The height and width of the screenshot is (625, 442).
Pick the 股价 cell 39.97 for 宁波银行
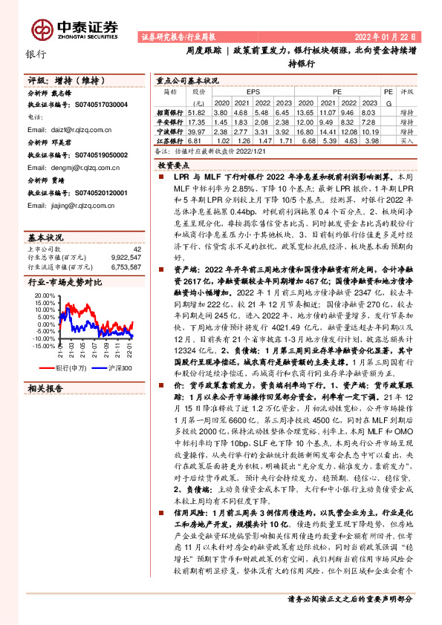click(198, 131)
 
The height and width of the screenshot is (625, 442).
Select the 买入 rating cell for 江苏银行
click(407, 140)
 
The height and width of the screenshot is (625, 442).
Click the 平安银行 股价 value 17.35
click(198, 121)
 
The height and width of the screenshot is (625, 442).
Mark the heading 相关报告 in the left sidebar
click(46, 409)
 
